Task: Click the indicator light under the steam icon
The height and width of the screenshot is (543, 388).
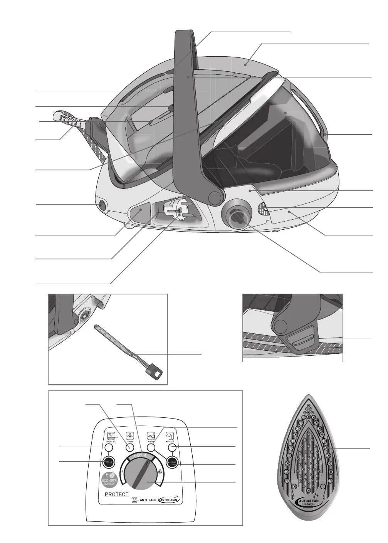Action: coord(130,447)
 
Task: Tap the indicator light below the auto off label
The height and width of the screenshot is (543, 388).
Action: coord(173,447)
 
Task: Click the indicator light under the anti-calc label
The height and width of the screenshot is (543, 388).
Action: coord(108,447)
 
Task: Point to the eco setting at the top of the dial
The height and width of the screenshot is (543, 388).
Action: coord(137,456)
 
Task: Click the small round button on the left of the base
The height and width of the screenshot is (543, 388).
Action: coord(102,205)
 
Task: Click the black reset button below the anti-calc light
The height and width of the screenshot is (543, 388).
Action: coord(108,462)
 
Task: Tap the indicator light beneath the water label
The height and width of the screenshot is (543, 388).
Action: coord(151,448)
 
